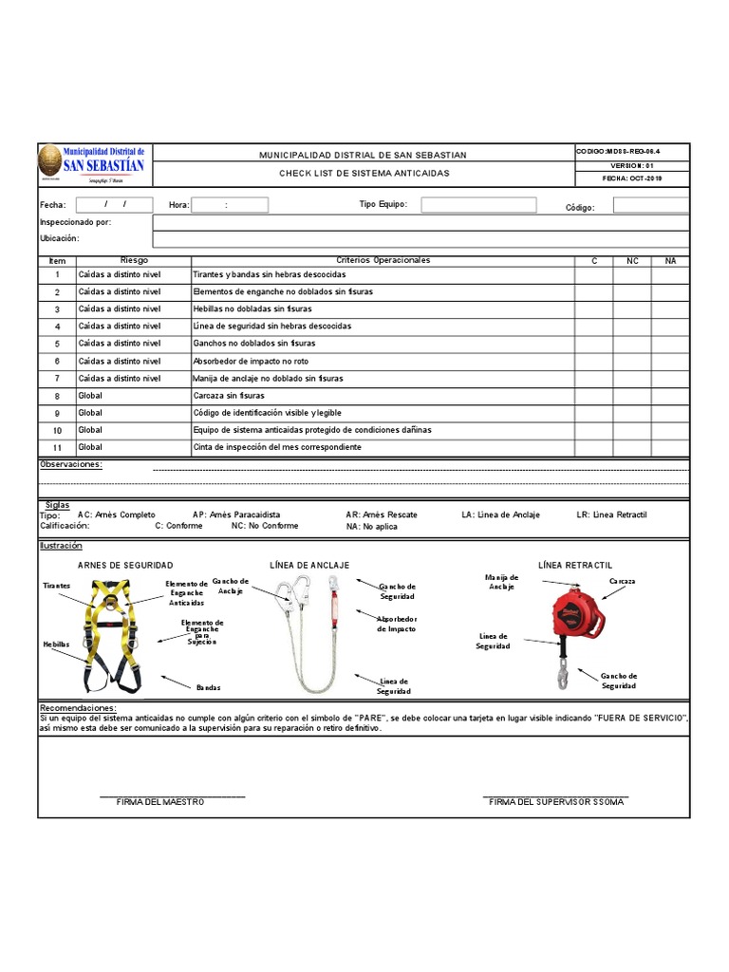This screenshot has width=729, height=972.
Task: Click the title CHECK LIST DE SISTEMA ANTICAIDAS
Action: click(x=364, y=174)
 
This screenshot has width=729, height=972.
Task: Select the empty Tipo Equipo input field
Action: click(x=478, y=205)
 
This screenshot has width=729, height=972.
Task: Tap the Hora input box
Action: click(x=230, y=205)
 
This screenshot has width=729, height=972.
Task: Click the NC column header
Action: click(x=631, y=260)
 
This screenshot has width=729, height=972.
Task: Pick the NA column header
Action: click(x=670, y=260)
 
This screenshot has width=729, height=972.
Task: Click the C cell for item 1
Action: click(x=593, y=274)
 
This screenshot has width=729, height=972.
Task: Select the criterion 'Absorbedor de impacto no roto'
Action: click(x=251, y=362)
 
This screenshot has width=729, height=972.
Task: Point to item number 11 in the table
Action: click(x=57, y=448)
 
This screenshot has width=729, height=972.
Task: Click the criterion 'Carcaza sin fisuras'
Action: click(x=229, y=396)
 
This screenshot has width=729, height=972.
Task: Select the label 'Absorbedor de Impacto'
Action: click(x=396, y=624)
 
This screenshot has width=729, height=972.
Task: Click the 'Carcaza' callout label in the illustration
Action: click(x=622, y=581)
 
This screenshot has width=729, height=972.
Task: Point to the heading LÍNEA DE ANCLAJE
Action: click(x=309, y=566)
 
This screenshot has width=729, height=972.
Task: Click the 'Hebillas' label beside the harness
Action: click(x=56, y=644)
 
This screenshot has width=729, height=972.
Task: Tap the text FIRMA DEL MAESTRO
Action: click(x=160, y=802)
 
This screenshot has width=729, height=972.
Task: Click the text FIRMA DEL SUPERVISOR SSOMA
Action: click(x=556, y=802)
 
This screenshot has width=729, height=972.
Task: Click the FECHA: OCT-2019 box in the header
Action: click(x=631, y=178)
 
